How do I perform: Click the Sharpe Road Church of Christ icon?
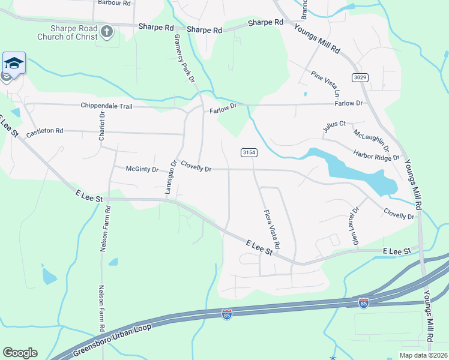click(107, 31)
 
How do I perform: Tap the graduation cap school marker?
click(14, 63)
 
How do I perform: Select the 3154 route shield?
click(249, 153)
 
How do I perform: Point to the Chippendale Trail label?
click(105, 106)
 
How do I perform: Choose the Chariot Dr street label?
click(102, 124)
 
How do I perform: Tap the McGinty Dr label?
click(142, 169)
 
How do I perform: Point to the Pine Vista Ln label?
click(325, 83)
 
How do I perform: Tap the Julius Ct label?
click(334, 124)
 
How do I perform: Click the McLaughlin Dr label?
click(371, 139)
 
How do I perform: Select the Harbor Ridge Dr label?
click(376, 156)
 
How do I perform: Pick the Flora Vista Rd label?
click(271, 229)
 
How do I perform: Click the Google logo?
click(20, 353)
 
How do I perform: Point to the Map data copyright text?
click(423, 355)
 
